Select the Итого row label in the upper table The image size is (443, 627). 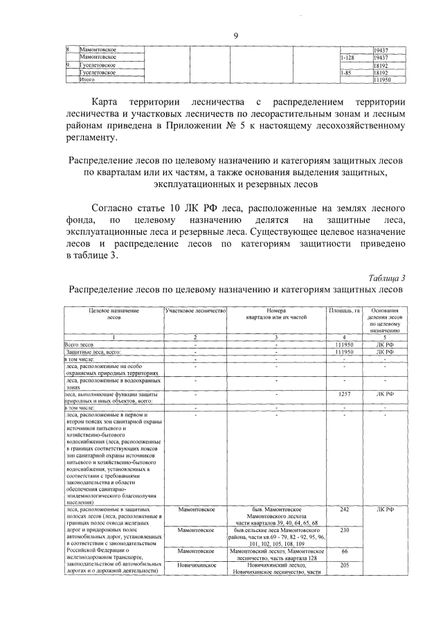pos(87,80)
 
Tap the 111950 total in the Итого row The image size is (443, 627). pos(383,80)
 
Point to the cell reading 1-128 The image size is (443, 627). pos(347,58)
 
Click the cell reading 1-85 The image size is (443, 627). pos(347,72)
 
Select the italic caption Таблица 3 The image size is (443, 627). pos(387,278)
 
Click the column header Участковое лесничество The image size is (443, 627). pos(196,311)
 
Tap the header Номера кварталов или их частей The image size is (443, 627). pos(275,315)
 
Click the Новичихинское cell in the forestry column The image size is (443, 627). pos(196,565)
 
